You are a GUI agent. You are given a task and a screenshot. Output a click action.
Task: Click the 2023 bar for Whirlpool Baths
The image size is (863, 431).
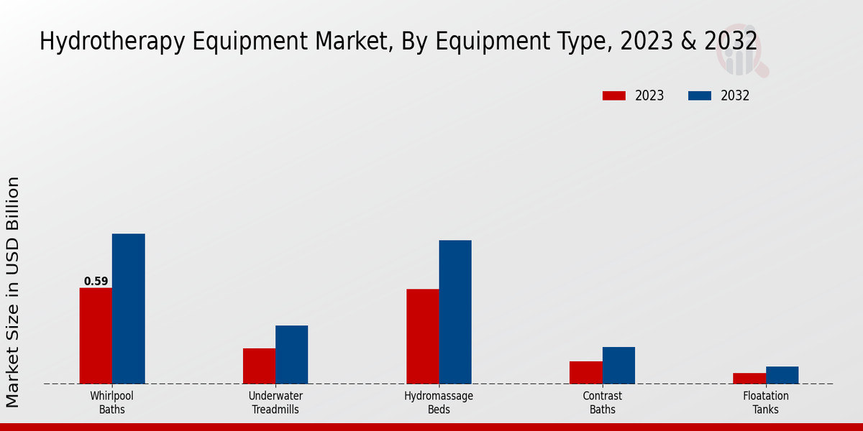[96, 335]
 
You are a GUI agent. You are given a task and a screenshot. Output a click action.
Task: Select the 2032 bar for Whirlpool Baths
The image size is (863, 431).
[128, 309]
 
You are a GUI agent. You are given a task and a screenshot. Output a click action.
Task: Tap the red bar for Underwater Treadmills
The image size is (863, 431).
[259, 366]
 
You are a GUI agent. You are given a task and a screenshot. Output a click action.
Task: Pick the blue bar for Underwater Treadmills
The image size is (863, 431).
[291, 354]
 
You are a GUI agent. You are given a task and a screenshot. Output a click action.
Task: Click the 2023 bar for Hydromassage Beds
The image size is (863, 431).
[422, 336]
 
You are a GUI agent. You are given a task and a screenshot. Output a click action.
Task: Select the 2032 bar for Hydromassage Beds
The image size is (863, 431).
[455, 312]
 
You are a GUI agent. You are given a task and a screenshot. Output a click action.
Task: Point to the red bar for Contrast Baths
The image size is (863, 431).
[585, 372]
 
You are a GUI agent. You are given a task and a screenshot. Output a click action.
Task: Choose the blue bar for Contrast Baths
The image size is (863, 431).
[618, 365]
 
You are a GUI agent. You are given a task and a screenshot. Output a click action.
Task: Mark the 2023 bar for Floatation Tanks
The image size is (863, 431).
[749, 378]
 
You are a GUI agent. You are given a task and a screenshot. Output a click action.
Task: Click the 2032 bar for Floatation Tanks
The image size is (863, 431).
[782, 375]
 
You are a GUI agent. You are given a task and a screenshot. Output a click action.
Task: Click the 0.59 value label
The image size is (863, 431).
[96, 282]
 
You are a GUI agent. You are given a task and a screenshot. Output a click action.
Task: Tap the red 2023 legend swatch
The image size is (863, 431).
[614, 96]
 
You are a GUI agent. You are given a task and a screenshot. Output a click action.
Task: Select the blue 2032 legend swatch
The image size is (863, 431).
[700, 96]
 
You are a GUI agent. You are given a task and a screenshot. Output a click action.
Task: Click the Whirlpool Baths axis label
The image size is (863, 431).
[111, 402]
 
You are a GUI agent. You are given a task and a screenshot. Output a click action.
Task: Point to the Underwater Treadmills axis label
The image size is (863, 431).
[275, 402]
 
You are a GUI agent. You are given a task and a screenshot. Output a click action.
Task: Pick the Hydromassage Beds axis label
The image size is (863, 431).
[439, 402]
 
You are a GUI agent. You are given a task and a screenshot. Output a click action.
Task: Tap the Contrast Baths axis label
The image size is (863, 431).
[602, 402]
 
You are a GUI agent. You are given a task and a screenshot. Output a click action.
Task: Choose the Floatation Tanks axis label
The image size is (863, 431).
[765, 402]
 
